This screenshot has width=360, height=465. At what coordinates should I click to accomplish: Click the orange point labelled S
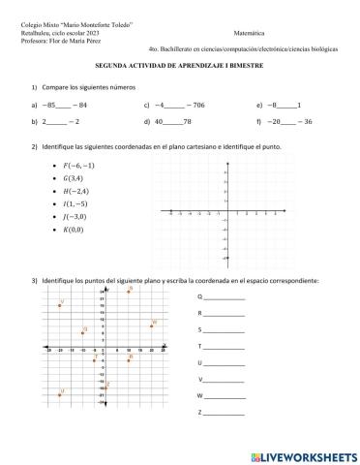click(129, 290)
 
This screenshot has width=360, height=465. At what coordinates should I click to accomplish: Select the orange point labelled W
click(151, 326)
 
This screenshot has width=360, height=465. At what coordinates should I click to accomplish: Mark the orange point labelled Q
click(82, 332)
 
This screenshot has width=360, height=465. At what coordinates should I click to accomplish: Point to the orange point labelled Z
click(105, 387)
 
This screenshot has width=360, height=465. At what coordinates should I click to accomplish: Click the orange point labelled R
click(129, 360)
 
